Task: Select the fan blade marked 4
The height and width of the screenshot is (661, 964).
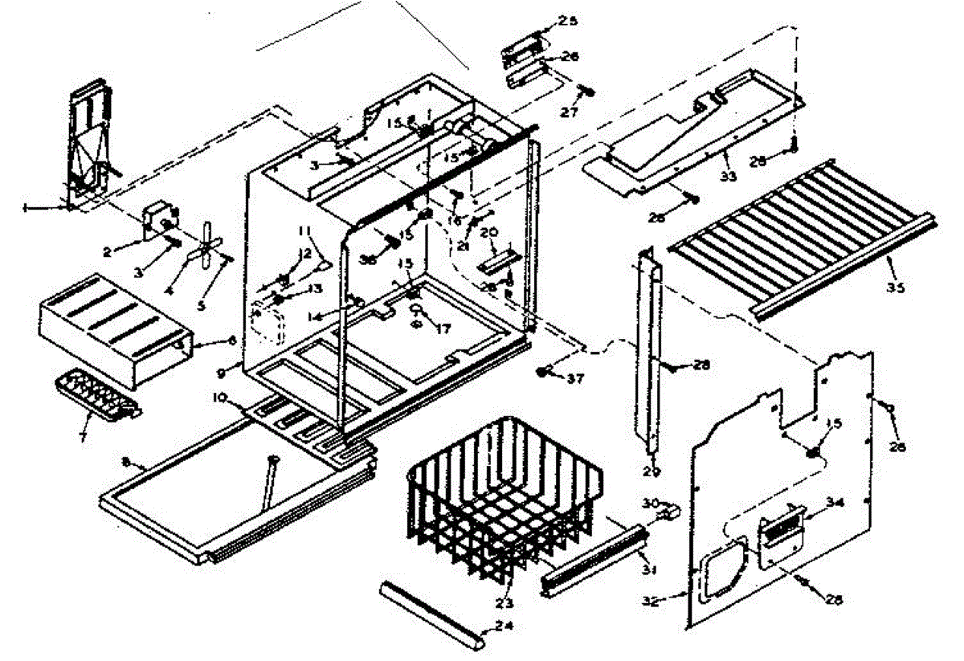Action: (205, 251)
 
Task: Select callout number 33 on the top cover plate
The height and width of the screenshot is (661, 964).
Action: (728, 175)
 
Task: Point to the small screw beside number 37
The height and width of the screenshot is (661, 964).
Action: (544, 371)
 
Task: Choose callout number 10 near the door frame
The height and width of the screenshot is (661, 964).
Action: (219, 398)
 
